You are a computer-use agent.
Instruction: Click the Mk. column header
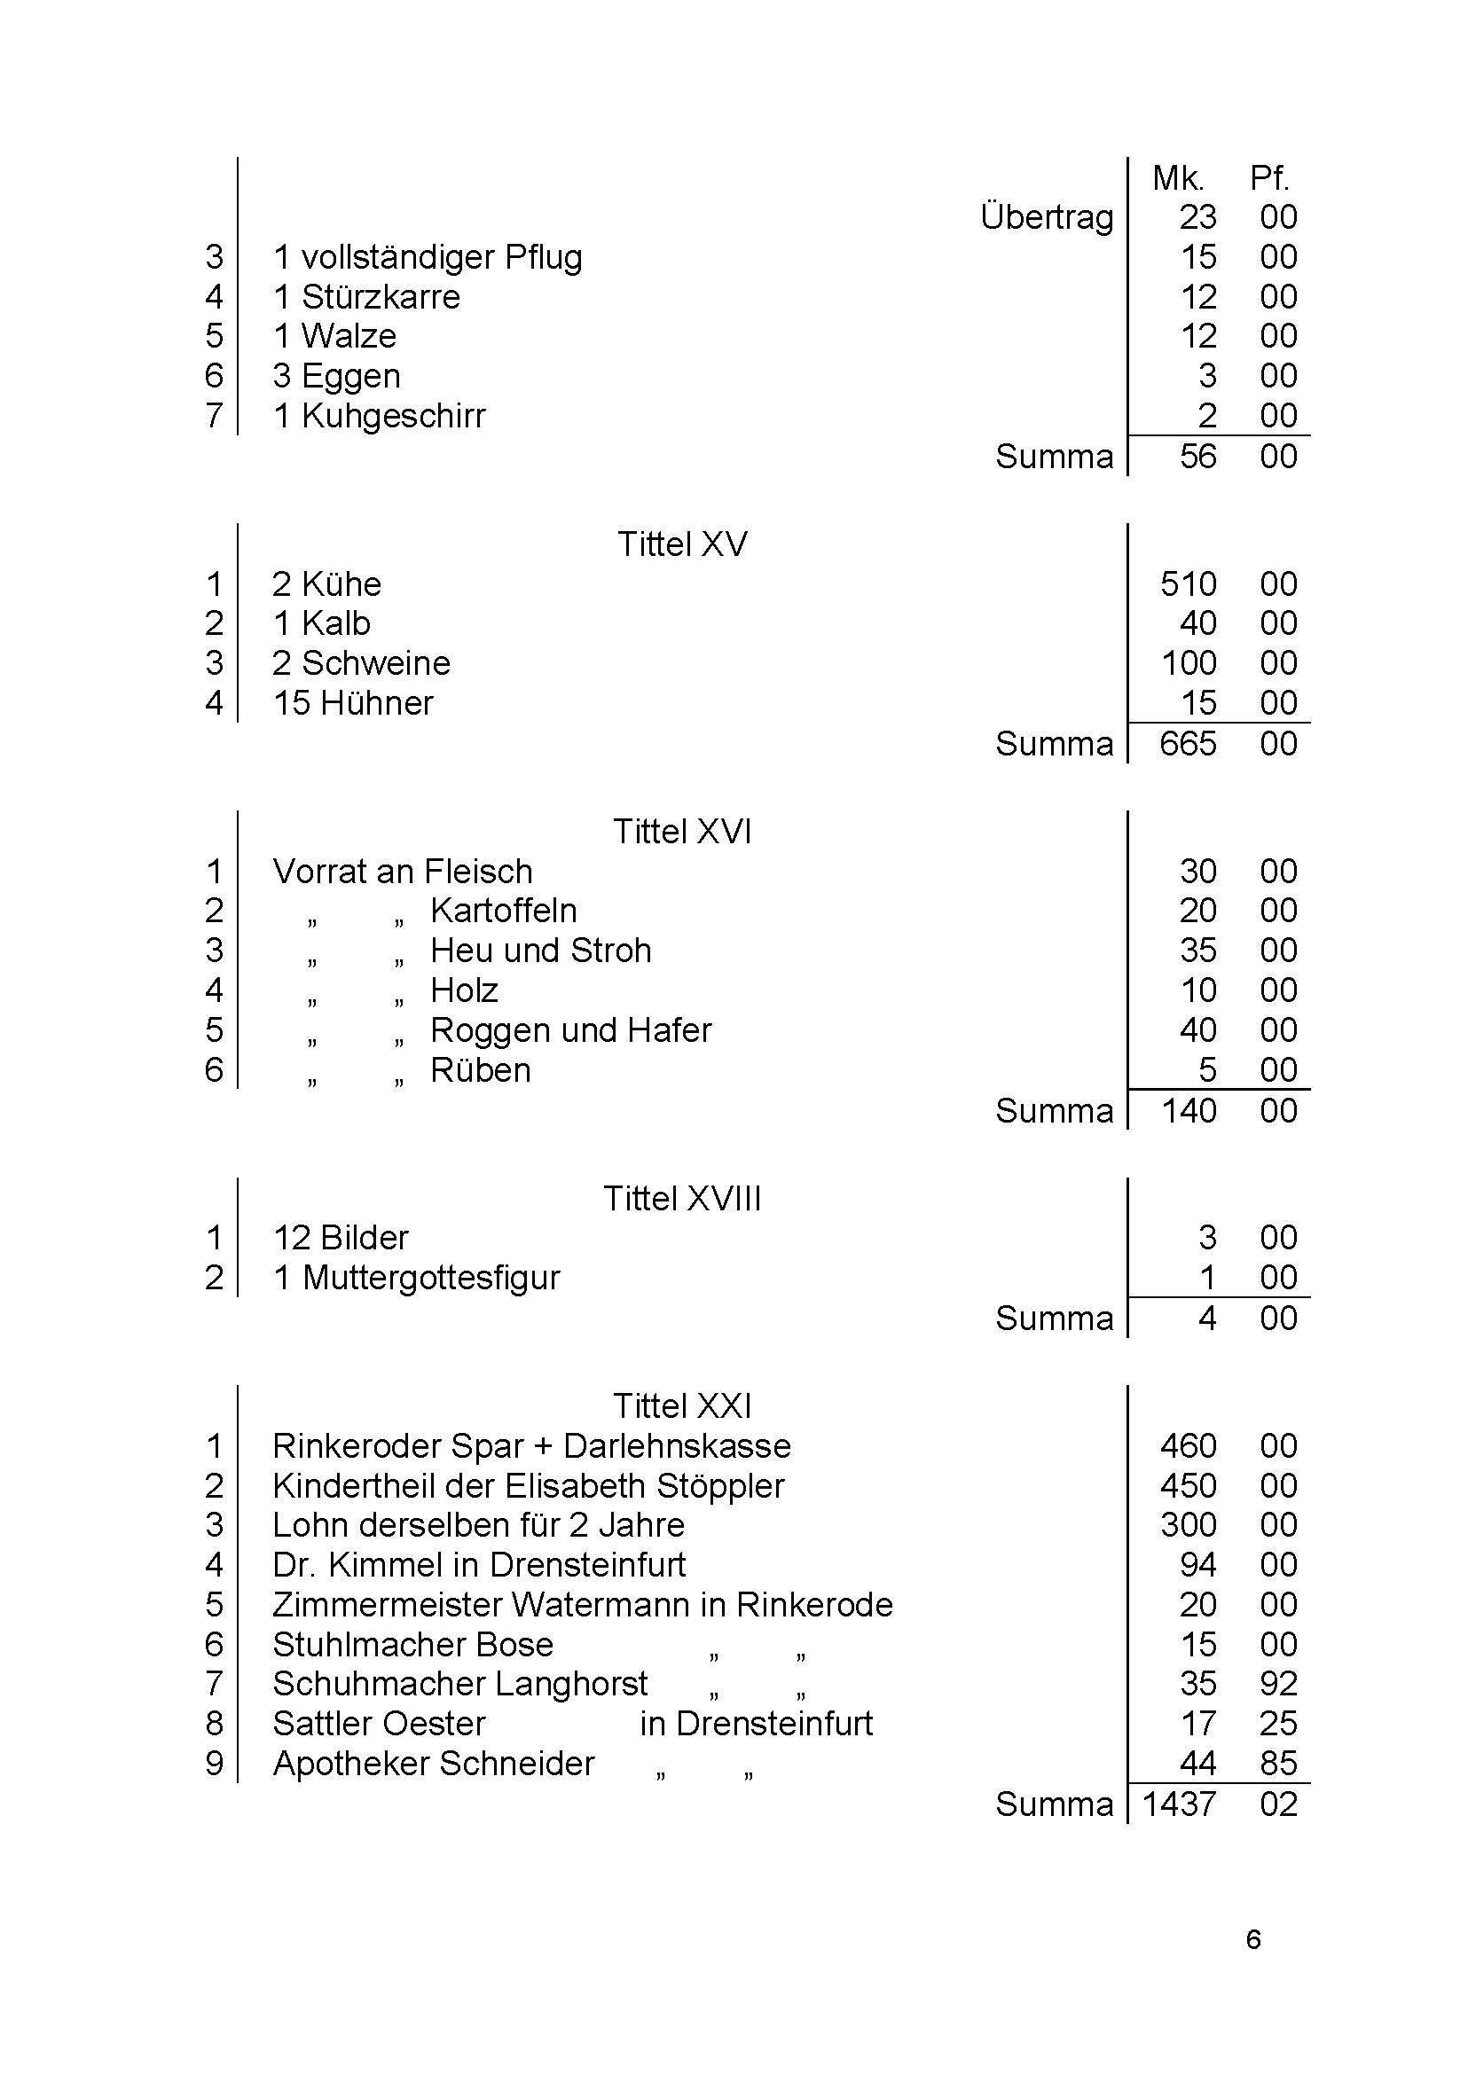tap(1178, 178)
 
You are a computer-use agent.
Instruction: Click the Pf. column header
tap(1269, 178)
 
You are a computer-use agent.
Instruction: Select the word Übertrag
tap(1047, 218)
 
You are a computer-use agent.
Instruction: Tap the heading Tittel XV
tap(682, 544)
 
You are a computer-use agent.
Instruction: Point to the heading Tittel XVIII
tap(682, 1198)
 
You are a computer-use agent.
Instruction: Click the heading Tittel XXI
tap(682, 1406)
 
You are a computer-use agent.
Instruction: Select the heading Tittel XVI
tap(682, 832)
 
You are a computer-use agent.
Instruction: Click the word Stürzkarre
tap(381, 296)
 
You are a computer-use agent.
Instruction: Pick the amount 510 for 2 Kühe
tap(1188, 583)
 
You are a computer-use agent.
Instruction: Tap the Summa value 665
tap(1188, 744)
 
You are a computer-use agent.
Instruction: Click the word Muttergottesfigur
tap(431, 1278)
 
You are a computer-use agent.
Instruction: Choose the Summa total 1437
tap(1179, 1804)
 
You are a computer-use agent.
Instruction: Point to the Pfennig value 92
tap(1278, 1684)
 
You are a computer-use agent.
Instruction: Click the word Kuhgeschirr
tap(393, 416)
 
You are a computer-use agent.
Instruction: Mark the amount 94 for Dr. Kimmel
tap(1197, 1565)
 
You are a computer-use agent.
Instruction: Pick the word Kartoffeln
tap(504, 911)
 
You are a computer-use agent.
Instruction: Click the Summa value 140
tap(1188, 1111)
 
